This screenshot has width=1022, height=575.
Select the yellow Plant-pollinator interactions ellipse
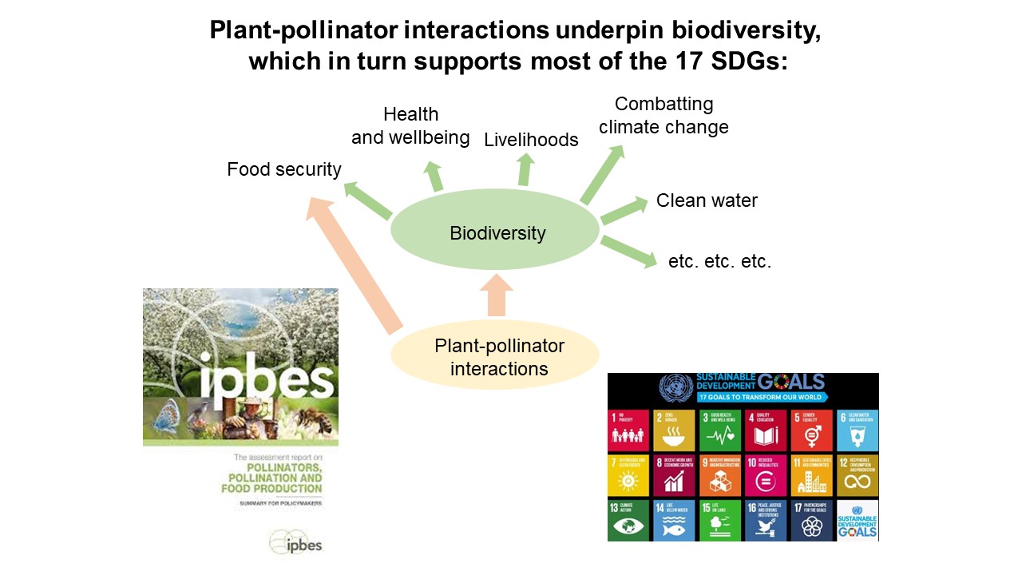pyautogui.click(x=495, y=356)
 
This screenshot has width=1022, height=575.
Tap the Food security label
pyautogui.click(x=284, y=169)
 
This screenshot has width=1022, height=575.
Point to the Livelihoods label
pyautogui.click(x=531, y=140)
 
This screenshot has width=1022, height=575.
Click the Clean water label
pyautogui.click(x=707, y=200)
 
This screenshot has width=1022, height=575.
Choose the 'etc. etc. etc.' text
pyautogui.click(x=719, y=261)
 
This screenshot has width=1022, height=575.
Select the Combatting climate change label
pyautogui.click(x=664, y=116)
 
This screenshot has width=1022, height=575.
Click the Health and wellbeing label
pyautogui.click(x=410, y=126)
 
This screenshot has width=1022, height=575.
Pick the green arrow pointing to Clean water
pyautogui.click(x=624, y=210)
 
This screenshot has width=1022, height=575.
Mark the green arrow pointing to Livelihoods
pyautogui.click(x=525, y=169)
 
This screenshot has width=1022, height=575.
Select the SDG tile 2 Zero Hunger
pyautogui.click(x=674, y=430)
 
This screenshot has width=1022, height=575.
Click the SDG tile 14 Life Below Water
pyautogui.click(x=674, y=520)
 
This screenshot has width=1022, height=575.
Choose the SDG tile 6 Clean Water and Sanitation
pyautogui.click(x=858, y=430)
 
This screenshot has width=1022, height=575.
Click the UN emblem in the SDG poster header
pyautogui.click(x=676, y=389)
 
